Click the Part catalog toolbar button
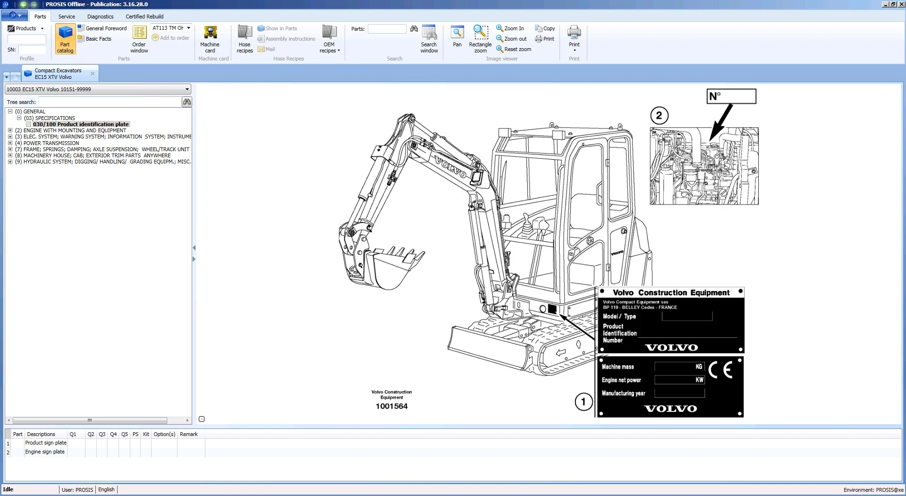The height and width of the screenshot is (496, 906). pyautogui.click(x=65, y=39)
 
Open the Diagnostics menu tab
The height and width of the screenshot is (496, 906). pyautogui.click(x=100, y=17)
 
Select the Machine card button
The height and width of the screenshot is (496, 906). pyautogui.click(x=210, y=39)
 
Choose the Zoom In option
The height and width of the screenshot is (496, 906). pyautogui.click(x=510, y=28)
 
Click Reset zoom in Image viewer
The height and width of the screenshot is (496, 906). pyautogui.click(x=514, y=49)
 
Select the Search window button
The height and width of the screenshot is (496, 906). pyautogui.click(x=429, y=39)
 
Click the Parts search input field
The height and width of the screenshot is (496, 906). pyautogui.click(x=387, y=29)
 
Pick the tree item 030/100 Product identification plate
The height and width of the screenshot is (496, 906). pyautogui.click(x=81, y=124)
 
